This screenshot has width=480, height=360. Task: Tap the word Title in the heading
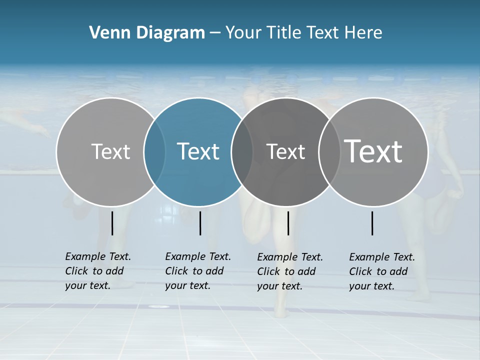[284, 33]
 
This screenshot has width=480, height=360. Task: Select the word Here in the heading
[363, 33]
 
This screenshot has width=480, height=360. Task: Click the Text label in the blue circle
[198, 151]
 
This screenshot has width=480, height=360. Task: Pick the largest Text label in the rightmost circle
[373, 151]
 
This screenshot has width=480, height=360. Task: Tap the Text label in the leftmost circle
[110, 151]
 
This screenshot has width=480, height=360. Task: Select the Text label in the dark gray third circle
[285, 151]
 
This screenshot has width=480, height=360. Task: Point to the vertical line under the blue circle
[200, 223]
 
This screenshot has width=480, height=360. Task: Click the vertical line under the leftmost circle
[112, 223]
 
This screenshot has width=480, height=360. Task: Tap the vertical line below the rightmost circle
[372, 223]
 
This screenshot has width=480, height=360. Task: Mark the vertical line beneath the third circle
[288, 223]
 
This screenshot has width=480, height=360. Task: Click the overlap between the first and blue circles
[154, 152]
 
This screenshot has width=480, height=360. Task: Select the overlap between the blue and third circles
[242, 152]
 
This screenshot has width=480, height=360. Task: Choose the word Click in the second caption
[176, 271]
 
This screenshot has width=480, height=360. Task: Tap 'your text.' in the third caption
[280, 286]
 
